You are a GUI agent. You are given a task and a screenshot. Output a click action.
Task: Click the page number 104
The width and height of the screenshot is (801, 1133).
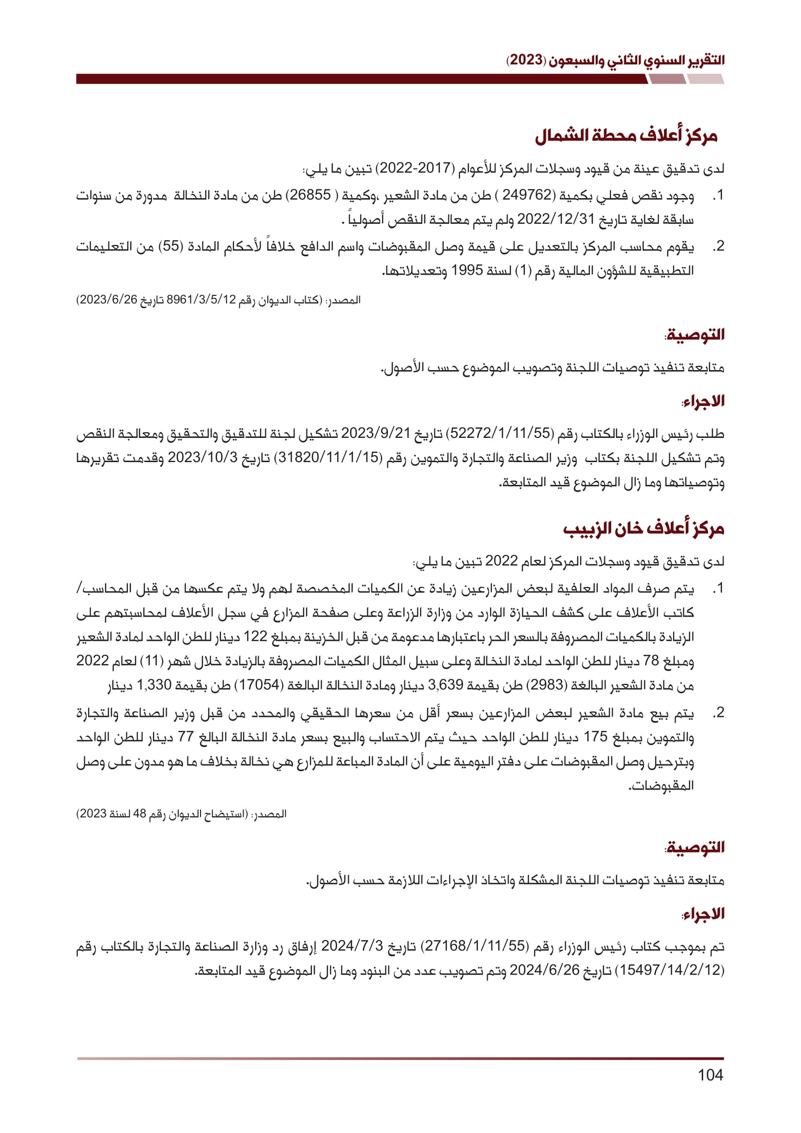coord(710,1075)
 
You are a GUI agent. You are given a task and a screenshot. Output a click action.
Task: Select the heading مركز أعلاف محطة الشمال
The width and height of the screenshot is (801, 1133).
coord(626,136)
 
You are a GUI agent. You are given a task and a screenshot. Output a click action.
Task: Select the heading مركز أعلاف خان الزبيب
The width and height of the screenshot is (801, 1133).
coord(644,528)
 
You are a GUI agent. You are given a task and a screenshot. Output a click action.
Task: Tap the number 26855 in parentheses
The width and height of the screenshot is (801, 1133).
coord(310,195)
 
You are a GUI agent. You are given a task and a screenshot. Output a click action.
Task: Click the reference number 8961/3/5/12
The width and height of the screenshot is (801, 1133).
coord(202,300)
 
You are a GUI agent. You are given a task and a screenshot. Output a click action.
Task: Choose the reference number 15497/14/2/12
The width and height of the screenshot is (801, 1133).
coord(672,970)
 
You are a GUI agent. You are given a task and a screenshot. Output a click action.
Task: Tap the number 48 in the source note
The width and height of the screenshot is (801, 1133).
coord(139,814)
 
